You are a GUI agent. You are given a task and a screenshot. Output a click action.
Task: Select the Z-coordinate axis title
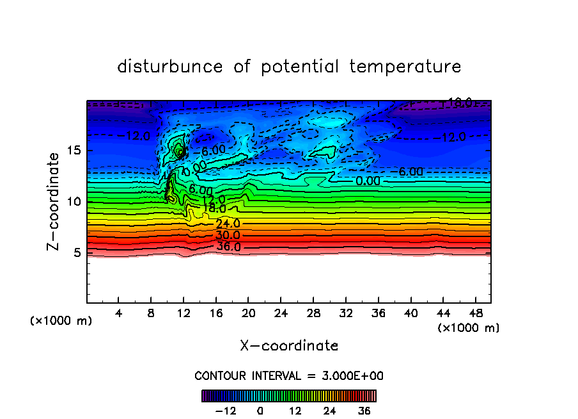pos(54,201)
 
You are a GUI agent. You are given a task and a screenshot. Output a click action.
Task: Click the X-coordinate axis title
pos(289,346)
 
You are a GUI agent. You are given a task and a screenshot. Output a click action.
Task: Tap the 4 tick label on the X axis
pos(119,313)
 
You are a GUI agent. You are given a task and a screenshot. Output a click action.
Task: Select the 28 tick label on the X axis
pos(313,313)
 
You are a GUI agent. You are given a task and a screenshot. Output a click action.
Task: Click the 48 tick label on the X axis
pos(474,313)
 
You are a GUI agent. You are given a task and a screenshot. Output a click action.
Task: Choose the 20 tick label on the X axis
pos(248,313)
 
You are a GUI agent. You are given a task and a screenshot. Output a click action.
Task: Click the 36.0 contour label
pos(228,247)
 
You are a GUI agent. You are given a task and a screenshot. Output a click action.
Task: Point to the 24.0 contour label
pos(228,224)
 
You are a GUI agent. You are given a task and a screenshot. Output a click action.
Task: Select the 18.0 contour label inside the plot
pos(214,209)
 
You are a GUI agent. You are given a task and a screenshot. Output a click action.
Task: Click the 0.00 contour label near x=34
pos(368,181)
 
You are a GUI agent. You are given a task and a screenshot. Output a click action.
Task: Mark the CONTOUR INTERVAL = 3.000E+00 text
pos(289,375)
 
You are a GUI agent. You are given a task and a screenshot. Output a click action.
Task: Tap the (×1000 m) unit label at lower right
pos(468,328)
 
